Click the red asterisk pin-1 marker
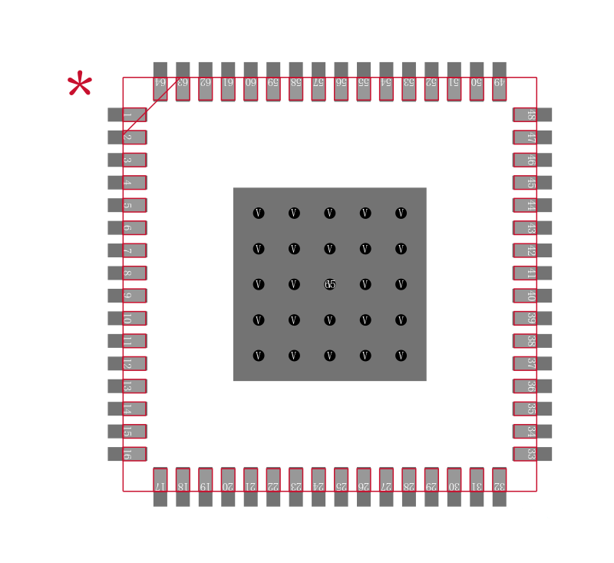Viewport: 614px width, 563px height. pos(79,85)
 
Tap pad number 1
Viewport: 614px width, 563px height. pos(127,114)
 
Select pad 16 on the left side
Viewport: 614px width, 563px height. pos(127,454)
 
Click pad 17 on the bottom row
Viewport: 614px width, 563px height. pos(160,487)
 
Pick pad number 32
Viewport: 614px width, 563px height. pos(499,487)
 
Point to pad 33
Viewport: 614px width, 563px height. pos(532,454)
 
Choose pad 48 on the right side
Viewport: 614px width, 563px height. pos(532,114)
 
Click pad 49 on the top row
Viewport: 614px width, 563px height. pos(499,81)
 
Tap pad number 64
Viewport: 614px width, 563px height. pos(160,81)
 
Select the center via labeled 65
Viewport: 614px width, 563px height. pos(330,284)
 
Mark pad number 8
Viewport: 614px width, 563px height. pos(127,273)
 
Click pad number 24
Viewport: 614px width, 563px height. pos(319,487)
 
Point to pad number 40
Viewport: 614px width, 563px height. pos(532,296)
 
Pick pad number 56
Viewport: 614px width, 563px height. pos(341,81)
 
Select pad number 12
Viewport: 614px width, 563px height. pos(127,363)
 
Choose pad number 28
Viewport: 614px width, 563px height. pos(408,487)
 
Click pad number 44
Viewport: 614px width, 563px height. pos(532,205)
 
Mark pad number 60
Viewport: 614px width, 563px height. pos(250,81)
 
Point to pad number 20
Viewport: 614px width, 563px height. pos(228,487)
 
